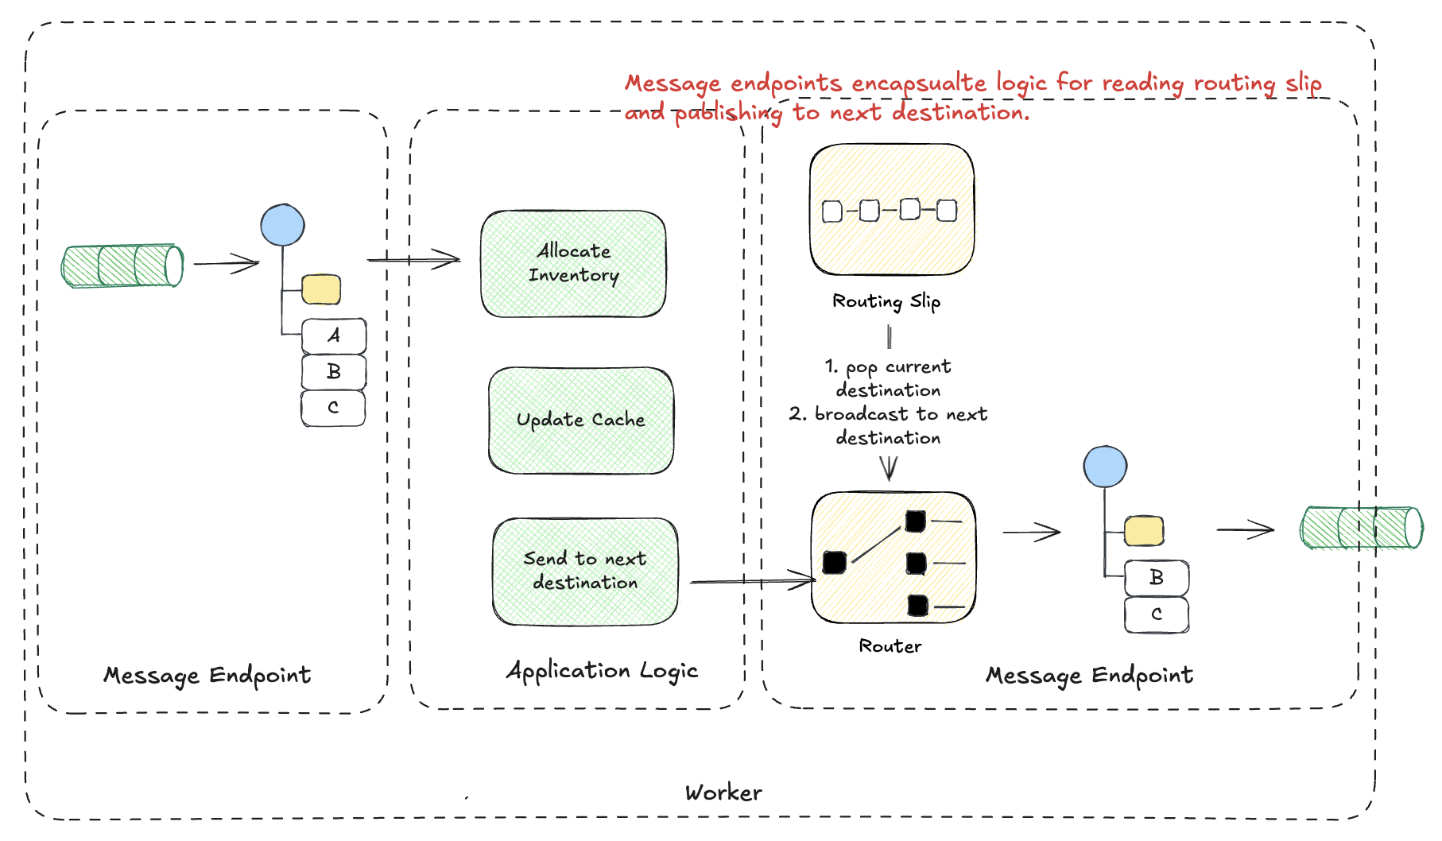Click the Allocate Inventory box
click(573, 264)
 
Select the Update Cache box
click(581, 420)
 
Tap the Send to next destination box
click(585, 572)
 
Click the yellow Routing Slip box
click(891, 210)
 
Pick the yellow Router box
click(893, 557)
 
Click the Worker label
click(723, 793)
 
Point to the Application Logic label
click(602, 671)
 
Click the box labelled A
click(334, 336)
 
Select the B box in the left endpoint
click(334, 372)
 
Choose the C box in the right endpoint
click(1157, 614)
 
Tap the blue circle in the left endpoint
click(282, 225)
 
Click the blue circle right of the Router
click(1105, 467)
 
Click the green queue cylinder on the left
click(122, 265)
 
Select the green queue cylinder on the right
click(1361, 528)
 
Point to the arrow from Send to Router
click(751, 582)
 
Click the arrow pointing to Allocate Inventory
click(413, 259)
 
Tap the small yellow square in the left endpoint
click(321, 289)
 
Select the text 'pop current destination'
click(888, 378)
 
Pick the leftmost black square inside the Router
click(835, 562)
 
